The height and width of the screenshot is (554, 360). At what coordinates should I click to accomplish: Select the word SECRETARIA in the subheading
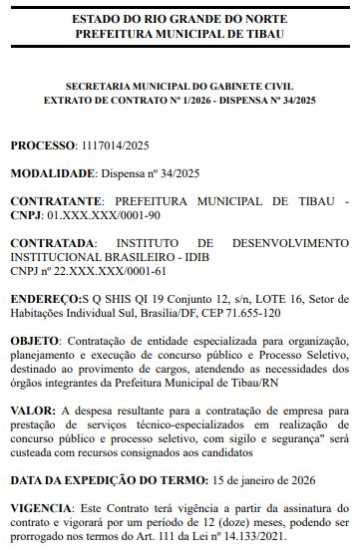99,87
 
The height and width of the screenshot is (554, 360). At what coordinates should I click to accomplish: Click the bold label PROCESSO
42,145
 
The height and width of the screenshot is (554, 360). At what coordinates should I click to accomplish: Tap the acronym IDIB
191,256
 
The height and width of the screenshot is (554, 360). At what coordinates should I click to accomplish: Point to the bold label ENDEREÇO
43,297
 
